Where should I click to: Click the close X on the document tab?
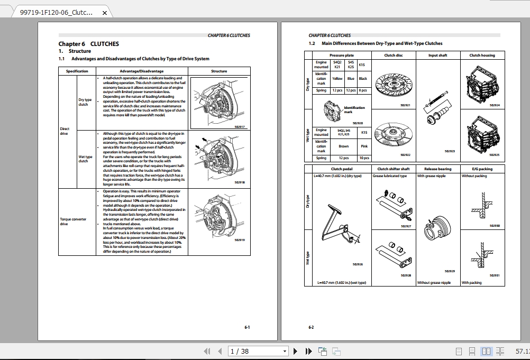104,13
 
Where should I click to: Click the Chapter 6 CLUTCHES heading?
88,44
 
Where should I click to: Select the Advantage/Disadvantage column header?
141,71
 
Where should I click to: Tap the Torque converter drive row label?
73,221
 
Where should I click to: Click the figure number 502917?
240,126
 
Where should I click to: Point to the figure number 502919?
240,239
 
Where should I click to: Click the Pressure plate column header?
342,55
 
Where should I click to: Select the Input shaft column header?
437,55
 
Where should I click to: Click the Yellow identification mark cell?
337,78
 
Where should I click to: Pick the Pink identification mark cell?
364,146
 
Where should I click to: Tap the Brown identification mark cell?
344,146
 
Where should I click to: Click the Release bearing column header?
437,169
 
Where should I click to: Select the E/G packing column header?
482,169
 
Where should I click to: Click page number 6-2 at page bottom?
311,327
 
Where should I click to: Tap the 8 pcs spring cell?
363,90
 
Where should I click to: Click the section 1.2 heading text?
381,43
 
